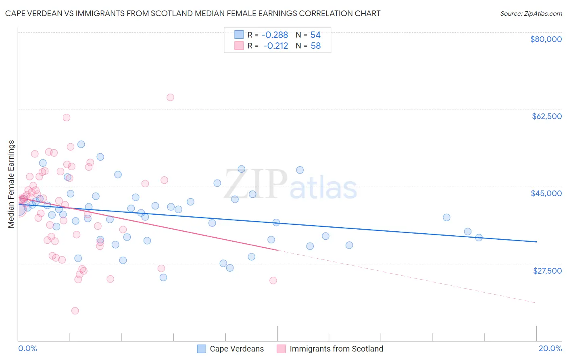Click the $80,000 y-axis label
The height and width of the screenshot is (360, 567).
(x=546, y=39)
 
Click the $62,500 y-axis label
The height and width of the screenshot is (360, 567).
(x=546, y=116)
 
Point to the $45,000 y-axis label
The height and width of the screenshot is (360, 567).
(x=546, y=193)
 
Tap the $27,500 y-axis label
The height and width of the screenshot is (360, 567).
(x=547, y=270)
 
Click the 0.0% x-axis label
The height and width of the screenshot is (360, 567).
(x=27, y=348)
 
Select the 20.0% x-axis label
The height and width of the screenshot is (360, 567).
(x=550, y=348)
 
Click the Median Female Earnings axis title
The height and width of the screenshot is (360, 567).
(x=11, y=184)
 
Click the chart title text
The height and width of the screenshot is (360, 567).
(x=193, y=13)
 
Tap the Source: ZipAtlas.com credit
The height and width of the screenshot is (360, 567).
(x=531, y=13)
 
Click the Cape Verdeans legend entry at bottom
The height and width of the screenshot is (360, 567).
(x=237, y=349)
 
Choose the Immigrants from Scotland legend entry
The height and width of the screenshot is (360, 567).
(x=336, y=349)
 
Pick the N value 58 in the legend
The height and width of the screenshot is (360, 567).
(x=315, y=46)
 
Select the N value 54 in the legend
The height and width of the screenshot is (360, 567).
(x=315, y=35)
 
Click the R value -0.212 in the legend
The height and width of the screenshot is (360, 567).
(x=276, y=46)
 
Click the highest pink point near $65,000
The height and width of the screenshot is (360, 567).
(x=170, y=97)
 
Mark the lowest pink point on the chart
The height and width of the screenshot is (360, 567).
(x=75, y=311)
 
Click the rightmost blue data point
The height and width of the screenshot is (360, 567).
(x=479, y=238)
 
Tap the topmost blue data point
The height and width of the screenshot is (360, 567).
(x=81, y=144)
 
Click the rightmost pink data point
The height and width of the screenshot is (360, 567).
(x=273, y=280)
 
